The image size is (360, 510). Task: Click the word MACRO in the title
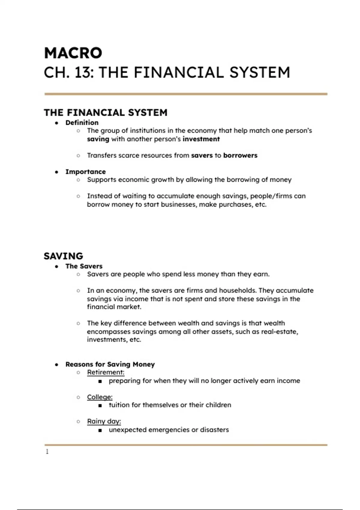pyautogui.click(x=73, y=53)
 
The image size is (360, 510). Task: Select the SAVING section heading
pyautogui.click(x=63, y=256)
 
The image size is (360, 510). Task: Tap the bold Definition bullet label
pyautogui.click(x=82, y=122)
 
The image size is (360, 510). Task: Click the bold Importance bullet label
pyautogui.click(x=85, y=172)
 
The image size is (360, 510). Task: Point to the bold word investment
pyautogui.click(x=201, y=139)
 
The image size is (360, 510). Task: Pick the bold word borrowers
pyautogui.click(x=240, y=155)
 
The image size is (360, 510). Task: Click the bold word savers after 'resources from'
pyautogui.click(x=202, y=155)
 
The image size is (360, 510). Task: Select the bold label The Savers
pyautogui.click(x=84, y=266)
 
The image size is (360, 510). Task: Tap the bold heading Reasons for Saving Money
pyautogui.click(x=110, y=364)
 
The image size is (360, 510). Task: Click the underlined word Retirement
pyautogui.click(x=105, y=372)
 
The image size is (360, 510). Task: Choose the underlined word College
pyautogui.click(x=99, y=397)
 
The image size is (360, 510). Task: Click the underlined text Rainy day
pyautogui.click(x=103, y=421)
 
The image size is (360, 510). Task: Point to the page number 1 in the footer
pyautogui.click(x=47, y=451)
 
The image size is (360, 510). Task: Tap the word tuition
pyautogui.click(x=119, y=405)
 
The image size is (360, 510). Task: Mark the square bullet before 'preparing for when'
pyautogui.click(x=100, y=381)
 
